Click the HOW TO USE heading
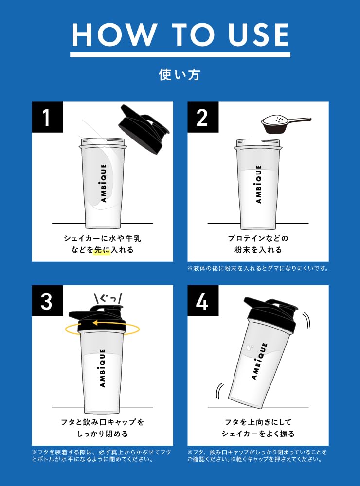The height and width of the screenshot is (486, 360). pyautogui.click(x=180, y=35)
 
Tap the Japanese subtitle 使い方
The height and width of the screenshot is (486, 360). pyautogui.click(x=180, y=74)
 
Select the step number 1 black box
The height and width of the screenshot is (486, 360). pyautogui.click(x=47, y=117)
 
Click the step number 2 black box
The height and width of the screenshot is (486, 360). pyautogui.click(x=202, y=117)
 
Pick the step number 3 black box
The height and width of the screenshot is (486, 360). pyautogui.click(x=47, y=301)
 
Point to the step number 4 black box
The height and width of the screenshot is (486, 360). pyautogui.click(x=202, y=301)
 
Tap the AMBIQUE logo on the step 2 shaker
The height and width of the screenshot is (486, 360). pyautogui.click(x=258, y=185)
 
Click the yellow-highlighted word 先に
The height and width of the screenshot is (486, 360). pyautogui.click(x=102, y=250)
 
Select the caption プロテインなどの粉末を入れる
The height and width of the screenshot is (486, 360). pyautogui.click(x=258, y=244)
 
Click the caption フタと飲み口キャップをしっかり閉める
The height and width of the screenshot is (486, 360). pyautogui.click(x=103, y=428)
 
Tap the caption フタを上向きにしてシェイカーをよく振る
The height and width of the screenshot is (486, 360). pyautogui.click(x=258, y=428)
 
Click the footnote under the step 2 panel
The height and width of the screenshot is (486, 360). pyautogui.click(x=258, y=268)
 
